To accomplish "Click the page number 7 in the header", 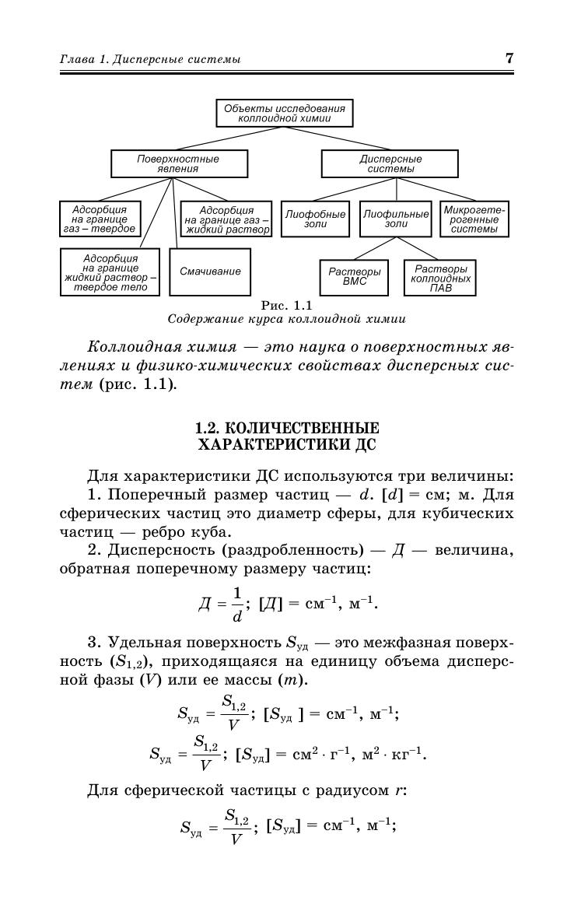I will [509, 58].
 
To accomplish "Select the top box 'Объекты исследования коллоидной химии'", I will [284, 114].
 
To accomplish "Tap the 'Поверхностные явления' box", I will [179, 164].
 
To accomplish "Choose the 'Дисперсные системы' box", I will [390, 164].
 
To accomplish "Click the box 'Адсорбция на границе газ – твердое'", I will [99, 219].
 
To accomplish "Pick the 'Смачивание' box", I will [210, 272].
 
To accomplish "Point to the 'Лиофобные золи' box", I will [315, 219].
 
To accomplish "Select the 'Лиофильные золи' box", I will [396, 219].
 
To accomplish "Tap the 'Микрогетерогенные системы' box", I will [474, 219].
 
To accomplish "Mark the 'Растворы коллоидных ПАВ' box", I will [440, 278].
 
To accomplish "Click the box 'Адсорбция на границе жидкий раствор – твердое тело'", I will [110, 272].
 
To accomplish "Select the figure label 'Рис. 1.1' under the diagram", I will [286, 305].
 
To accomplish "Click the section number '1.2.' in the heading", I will [206, 429].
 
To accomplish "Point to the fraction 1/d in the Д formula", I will [236, 604].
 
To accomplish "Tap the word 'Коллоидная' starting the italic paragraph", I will [128, 345].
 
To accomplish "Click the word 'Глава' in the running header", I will [76, 59].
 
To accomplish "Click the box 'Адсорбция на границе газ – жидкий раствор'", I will [226, 219].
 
